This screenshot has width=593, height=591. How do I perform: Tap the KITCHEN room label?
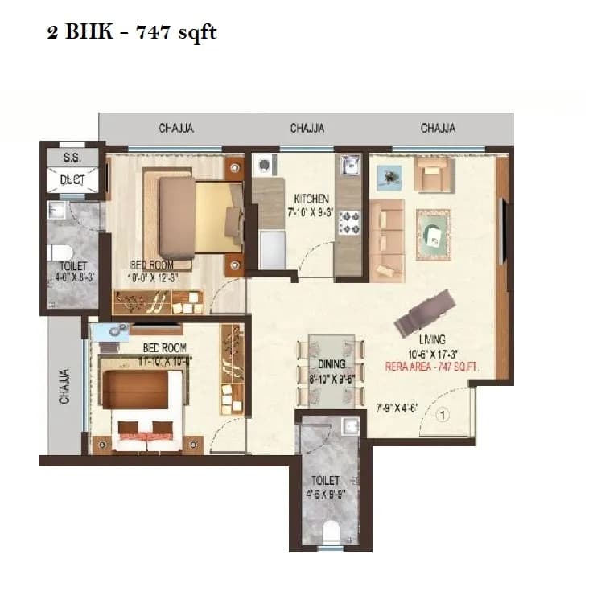311,199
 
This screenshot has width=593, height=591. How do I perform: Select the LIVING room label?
431,339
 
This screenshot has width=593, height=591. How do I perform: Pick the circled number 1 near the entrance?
443,417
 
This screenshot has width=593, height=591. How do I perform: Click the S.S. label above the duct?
72,158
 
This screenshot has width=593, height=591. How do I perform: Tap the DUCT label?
72,180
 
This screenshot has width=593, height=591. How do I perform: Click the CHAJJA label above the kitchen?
307,128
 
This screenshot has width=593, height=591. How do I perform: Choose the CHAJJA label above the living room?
438,128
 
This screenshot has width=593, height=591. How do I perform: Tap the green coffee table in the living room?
434,233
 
